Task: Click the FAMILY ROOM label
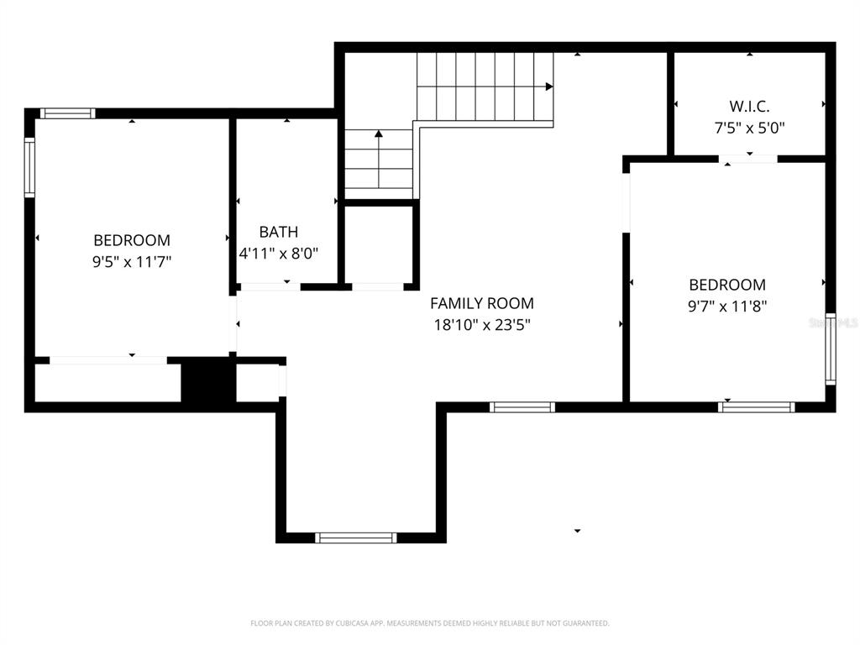481,303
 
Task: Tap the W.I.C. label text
749,107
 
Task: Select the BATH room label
278,232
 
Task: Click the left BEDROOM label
131,240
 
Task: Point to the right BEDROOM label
726,285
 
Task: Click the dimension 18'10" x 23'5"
481,324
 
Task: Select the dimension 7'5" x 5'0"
749,128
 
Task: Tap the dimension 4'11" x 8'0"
278,253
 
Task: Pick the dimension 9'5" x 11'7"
131,262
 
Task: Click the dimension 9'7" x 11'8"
726,307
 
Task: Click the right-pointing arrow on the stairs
548,87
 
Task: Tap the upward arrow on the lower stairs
379,134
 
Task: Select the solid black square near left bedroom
206,381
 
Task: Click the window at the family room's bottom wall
355,537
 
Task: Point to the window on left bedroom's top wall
68,113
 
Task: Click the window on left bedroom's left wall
29,167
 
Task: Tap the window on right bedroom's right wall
830,349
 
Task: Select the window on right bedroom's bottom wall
756,407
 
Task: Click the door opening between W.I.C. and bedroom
747,158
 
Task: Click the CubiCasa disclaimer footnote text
429,623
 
